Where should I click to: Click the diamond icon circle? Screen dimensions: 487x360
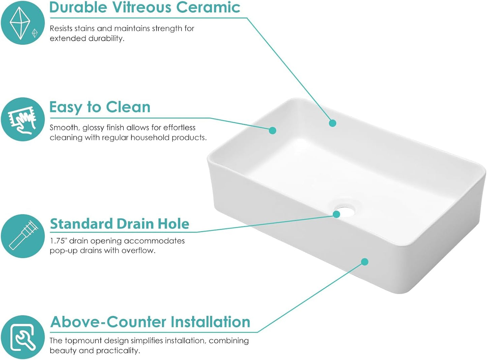click(23, 23)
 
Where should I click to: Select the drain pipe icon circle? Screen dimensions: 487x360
click(23, 236)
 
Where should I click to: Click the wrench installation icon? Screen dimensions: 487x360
click(23, 337)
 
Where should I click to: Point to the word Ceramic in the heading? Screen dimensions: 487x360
click(208, 7)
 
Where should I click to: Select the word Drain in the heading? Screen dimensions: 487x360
click(134, 224)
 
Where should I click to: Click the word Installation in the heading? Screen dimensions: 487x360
click(210, 322)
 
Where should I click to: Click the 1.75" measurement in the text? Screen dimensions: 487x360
click(58, 241)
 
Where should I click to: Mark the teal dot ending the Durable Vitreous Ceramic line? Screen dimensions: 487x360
click(333, 123)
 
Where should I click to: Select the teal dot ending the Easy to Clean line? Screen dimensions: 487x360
click(272, 130)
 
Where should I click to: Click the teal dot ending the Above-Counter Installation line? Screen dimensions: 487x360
click(365, 262)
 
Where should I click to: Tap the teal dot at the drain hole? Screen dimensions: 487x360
click(336, 214)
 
